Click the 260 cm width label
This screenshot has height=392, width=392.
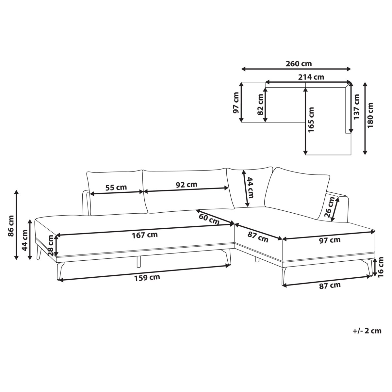click(x=299, y=64)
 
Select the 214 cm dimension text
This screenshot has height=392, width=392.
click(x=311, y=77)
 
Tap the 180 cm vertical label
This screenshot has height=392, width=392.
click(x=370, y=116)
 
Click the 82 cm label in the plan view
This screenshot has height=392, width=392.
click(x=260, y=105)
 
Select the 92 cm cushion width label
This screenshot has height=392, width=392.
click(x=187, y=184)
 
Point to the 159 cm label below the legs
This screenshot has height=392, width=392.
click(x=147, y=278)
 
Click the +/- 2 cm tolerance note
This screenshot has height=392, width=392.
click(x=367, y=331)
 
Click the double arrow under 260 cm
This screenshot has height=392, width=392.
click(x=296, y=69)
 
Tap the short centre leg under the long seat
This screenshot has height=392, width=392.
click(x=139, y=262)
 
